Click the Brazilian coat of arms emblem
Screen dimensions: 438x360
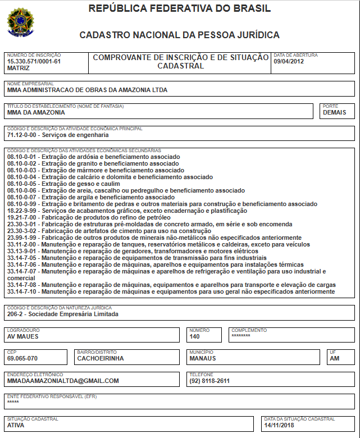click(x=20, y=22)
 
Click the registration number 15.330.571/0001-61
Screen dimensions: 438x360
click(x=34, y=61)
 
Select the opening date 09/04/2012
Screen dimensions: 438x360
click(x=289, y=62)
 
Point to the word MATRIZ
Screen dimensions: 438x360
click(x=18, y=68)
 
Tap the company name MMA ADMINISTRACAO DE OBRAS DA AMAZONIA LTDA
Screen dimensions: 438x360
click(x=87, y=90)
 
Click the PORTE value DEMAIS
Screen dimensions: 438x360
click(x=335, y=112)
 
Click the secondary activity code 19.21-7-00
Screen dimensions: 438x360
click(x=23, y=217)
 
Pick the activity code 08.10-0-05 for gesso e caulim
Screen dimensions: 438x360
click(x=23, y=184)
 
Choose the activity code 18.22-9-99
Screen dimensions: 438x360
click(x=23, y=211)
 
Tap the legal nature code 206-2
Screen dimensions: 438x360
click(x=16, y=314)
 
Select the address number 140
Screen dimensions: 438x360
click(x=195, y=337)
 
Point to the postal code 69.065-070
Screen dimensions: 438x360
click(x=22, y=358)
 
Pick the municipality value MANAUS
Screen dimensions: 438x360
click(x=203, y=358)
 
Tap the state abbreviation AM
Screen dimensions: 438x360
click(x=335, y=358)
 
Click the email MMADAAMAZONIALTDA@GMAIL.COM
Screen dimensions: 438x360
click(x=63, y=381)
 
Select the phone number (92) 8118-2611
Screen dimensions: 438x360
click(x=209, y=381)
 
